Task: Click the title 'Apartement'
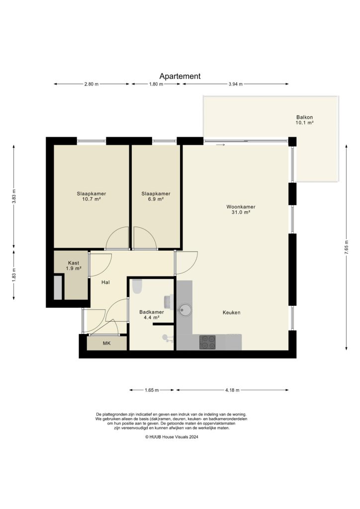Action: pos(180,76)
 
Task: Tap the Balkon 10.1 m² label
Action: pos(304,119)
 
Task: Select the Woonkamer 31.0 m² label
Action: pos(238,209)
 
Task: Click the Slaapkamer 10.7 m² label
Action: pos(91,196)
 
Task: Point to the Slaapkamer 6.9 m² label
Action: pos(156,196)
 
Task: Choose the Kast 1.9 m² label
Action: pos(74,265)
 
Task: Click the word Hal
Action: pos(105,282)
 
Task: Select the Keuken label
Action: pos(232,313)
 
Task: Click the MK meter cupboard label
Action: pos(106,343)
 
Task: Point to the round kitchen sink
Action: pos(185,310)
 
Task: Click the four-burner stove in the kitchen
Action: pos(207,342)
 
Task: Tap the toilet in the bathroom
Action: pos(138,286)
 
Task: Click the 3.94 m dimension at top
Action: pos(235,84)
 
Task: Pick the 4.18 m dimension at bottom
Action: pos(232,390)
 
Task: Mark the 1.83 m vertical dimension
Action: pos(14,274)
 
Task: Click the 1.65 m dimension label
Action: pos(152,390)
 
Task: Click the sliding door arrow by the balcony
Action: pos(221,145)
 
